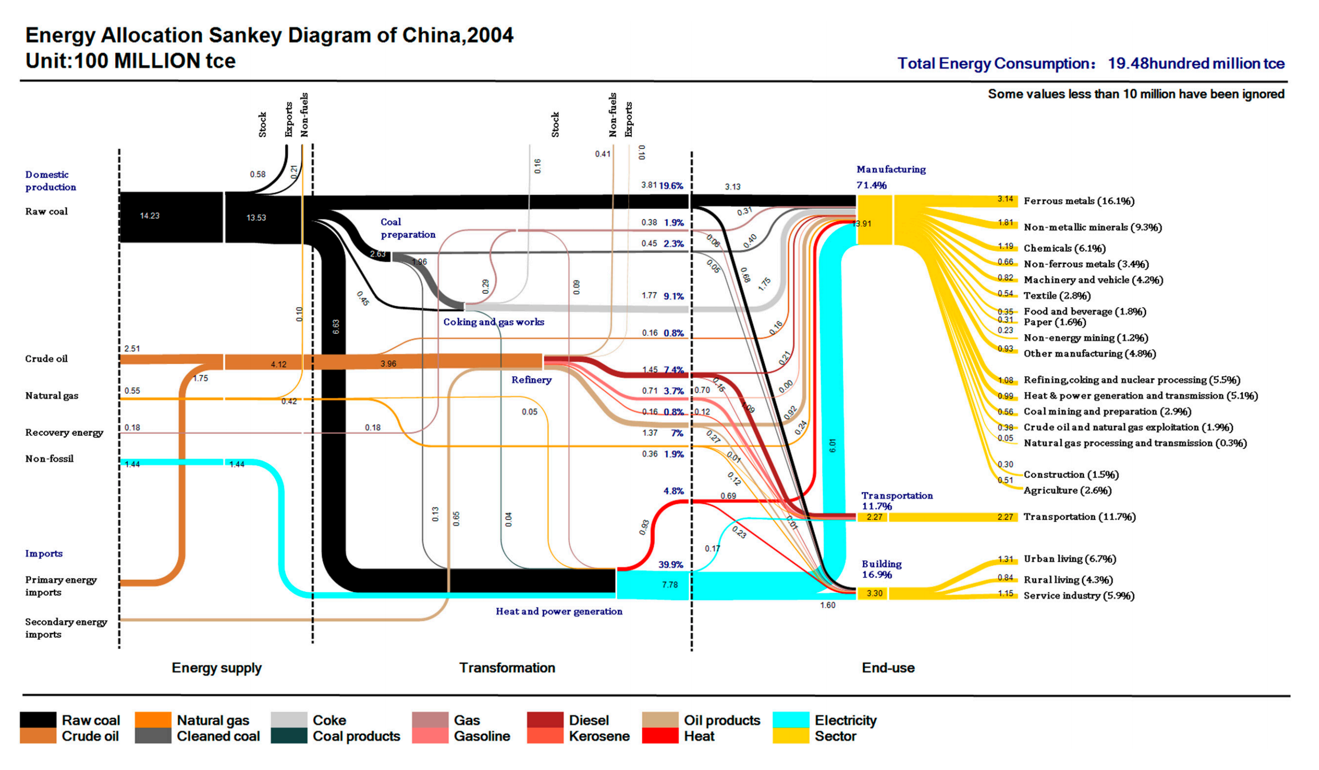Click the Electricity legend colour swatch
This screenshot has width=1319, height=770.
[790, 720]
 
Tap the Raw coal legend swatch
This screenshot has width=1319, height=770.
[38, 720]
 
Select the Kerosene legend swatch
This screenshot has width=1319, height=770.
[545, 735]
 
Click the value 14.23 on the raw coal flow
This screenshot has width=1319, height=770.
[150, 216]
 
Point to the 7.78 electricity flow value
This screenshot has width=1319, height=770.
[669, 585]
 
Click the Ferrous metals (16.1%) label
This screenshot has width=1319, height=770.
[1079, 201]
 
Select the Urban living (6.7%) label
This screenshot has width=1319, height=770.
[1069, 559]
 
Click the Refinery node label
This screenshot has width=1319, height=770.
[531, 380]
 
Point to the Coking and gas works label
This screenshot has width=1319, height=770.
[494, 322]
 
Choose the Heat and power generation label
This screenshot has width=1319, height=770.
[559, 611]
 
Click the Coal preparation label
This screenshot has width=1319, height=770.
[408, 228]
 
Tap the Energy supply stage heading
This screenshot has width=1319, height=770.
[217, 668]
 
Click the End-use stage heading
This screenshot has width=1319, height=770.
[888, 668]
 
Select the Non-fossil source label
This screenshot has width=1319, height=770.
[49, 459]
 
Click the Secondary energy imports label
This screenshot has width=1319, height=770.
[66, 628]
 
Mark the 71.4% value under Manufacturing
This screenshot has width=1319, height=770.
[871, 185]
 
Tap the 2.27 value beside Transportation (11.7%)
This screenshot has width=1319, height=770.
[1005, 517]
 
